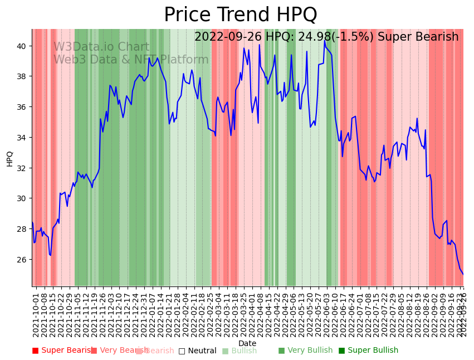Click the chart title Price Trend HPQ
point(240,15)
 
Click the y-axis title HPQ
point(9,158)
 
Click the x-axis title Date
point(247,343)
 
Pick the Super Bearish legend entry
point(62,351)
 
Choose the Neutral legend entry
point(197,351)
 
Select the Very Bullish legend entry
point(305,351)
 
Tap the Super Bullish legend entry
point(368,351)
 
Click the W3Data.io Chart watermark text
point(101,47)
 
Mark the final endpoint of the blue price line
point(463,274)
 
